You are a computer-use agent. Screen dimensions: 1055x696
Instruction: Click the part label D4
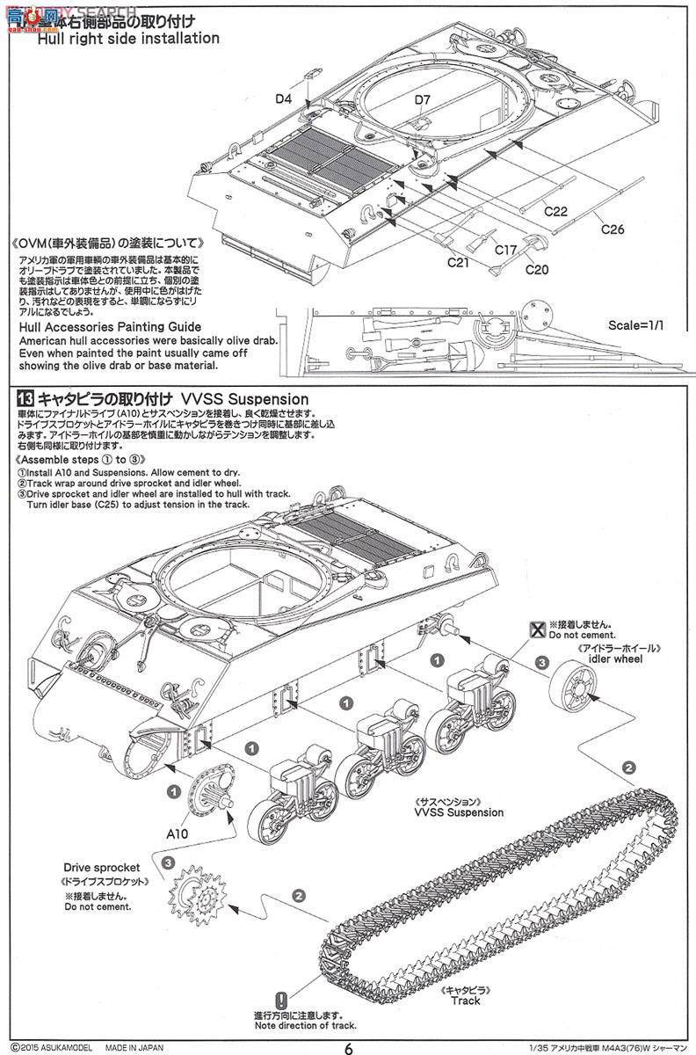click(282, 99)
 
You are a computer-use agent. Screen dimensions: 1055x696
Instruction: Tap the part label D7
click(423, 99)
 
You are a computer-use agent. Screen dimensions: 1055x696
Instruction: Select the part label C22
click(555, 211)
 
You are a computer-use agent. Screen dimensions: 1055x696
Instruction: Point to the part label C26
click(613, 229)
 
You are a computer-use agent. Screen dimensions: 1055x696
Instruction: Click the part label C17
click(504, 250)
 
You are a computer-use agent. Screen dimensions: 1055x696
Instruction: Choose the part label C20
click(538, 268)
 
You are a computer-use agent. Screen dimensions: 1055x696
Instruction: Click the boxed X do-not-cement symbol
click(537, 627)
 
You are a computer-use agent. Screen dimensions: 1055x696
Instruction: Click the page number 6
click(349, 1046)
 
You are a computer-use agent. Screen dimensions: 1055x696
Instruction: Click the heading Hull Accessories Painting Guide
click(104, 325)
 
